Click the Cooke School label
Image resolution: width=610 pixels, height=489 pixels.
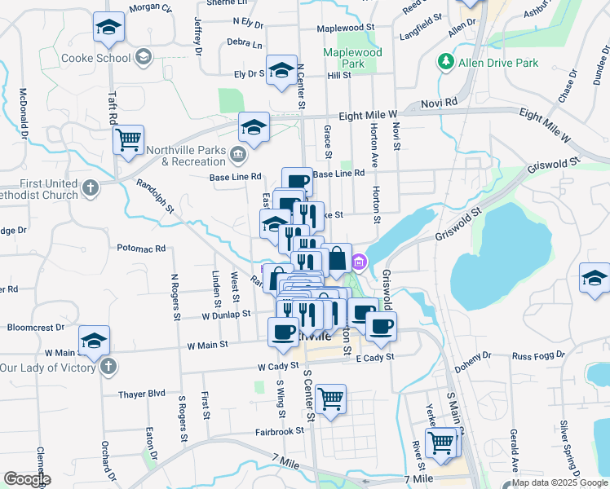tap(96, 58)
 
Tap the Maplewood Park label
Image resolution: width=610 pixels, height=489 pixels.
tap(352, 57)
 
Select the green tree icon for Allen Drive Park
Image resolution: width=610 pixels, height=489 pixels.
tap(446, 62)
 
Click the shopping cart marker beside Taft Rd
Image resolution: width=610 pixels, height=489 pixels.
tap(128, 139)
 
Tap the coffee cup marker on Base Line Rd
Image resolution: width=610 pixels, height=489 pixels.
tap(298, 181)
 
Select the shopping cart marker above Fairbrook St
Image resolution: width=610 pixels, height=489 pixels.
tap(330, 399)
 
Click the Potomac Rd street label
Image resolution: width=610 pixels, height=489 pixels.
tap(141, 248)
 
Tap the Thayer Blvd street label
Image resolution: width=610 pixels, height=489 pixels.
tap(141, 394)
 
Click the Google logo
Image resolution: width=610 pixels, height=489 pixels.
tap(27, 479)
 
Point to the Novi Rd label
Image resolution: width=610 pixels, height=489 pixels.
tap(440, 104)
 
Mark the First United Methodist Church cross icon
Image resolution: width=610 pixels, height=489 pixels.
tap(90, 188)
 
